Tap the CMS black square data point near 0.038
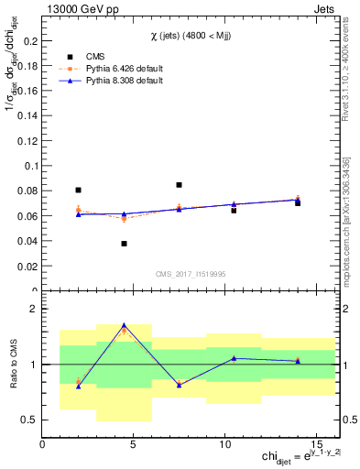124,244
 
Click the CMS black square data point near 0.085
179,185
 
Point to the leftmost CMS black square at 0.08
79,191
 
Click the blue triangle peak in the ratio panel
124,325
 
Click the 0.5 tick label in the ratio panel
28,420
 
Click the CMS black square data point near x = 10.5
234,211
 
